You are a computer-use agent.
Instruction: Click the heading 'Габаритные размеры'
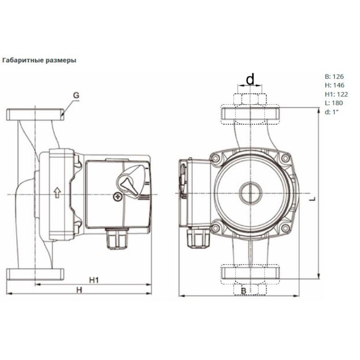[x=39, y=60]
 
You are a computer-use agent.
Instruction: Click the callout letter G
[x=76, y=95]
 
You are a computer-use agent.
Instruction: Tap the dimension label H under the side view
[x=80, y=290]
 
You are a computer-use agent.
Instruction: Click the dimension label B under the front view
[x=244, y=291]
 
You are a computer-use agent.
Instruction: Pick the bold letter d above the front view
[x=250, y=79]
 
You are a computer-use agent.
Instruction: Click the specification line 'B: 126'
[x=335, y=76]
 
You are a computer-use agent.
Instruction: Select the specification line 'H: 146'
[x=335, y=85]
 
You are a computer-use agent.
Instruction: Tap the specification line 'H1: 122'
[x=336, y=94]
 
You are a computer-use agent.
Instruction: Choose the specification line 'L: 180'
[x=334, y=103]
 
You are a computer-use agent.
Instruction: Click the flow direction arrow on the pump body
[x=56, y=193]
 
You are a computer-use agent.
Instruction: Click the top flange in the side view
[x=35, y=115]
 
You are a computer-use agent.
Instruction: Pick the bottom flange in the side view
[x=35, y=275]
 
